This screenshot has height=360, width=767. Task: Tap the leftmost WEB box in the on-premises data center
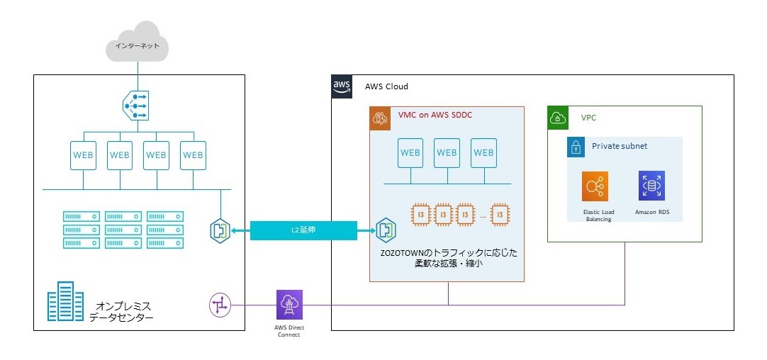coord(83,154)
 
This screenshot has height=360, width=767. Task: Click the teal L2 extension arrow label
coord(303,230)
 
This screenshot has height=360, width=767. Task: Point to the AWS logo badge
coord(342,86)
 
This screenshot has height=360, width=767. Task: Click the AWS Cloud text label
coord(386,86)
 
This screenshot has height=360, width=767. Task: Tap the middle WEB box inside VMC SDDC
coord(447,152)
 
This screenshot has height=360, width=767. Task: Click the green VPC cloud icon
coord(558,118)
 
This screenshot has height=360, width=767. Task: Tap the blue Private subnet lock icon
coord(575,147)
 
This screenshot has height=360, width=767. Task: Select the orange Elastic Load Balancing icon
coord(595,186)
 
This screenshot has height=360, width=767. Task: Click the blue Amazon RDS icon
coord(650,186)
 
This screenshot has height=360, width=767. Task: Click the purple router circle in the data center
coord(220,306)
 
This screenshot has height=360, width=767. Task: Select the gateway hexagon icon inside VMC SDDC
coord(386,230)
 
